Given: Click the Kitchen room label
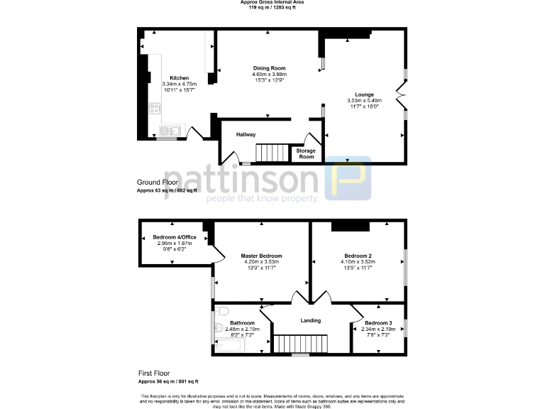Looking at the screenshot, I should [179, 77].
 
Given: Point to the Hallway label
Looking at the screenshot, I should [246, 134].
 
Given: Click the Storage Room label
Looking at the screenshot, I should [306, 154].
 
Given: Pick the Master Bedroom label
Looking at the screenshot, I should [261, 256].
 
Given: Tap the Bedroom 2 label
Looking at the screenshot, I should [358, 256].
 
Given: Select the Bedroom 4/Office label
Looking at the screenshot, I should [175, 236].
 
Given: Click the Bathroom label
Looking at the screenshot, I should [243, 323].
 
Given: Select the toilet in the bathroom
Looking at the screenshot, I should [223, 312].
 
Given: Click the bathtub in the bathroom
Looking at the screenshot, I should [229, 346].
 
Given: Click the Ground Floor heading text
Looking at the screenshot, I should [158, 182].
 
